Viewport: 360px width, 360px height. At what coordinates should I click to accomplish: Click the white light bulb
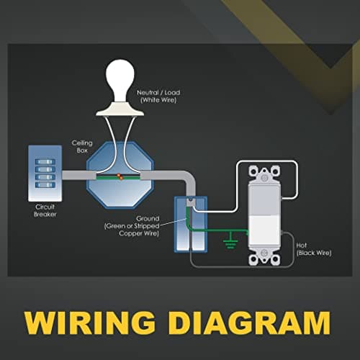120,81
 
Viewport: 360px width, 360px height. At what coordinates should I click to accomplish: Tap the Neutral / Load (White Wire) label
158,96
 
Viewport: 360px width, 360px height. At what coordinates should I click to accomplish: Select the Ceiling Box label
82,147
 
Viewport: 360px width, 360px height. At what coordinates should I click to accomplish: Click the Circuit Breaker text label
45,210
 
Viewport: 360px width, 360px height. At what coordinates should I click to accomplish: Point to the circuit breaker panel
45,173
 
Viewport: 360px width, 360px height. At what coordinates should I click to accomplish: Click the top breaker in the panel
45,162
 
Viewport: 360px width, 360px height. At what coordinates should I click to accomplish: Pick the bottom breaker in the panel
45,185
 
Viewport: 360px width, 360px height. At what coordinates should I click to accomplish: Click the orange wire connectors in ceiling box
120,176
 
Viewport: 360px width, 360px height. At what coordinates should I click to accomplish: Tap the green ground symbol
230,240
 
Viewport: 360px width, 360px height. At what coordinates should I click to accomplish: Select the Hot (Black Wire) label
314,249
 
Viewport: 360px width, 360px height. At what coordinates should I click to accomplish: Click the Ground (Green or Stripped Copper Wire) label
132,226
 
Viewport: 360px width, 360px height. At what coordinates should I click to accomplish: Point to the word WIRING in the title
90,323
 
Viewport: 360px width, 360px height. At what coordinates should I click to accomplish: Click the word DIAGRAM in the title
250,323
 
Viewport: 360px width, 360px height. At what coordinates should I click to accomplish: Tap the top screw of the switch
264,178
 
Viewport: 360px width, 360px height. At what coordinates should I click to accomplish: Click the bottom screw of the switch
264,253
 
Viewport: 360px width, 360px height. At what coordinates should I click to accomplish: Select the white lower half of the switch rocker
264,230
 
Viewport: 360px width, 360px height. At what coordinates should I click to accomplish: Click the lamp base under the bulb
120,109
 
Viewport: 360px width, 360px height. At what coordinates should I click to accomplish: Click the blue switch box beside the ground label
191,225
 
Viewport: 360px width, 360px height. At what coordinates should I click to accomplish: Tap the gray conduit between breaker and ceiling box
79,175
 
